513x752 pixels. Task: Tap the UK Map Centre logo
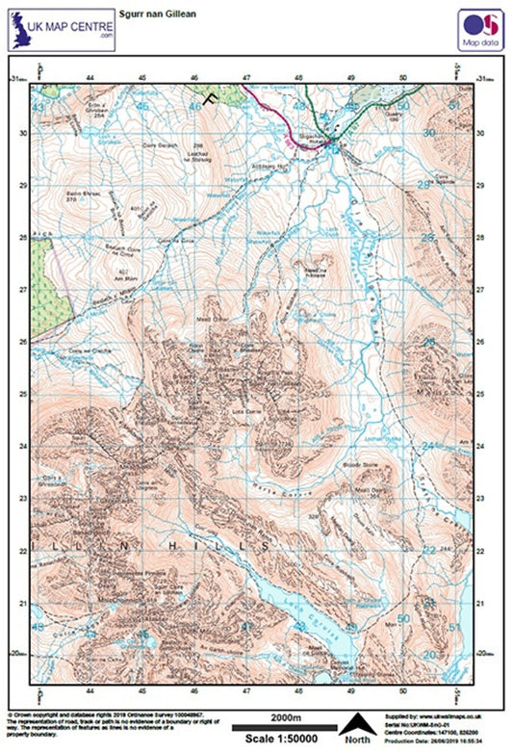point(60,30)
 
